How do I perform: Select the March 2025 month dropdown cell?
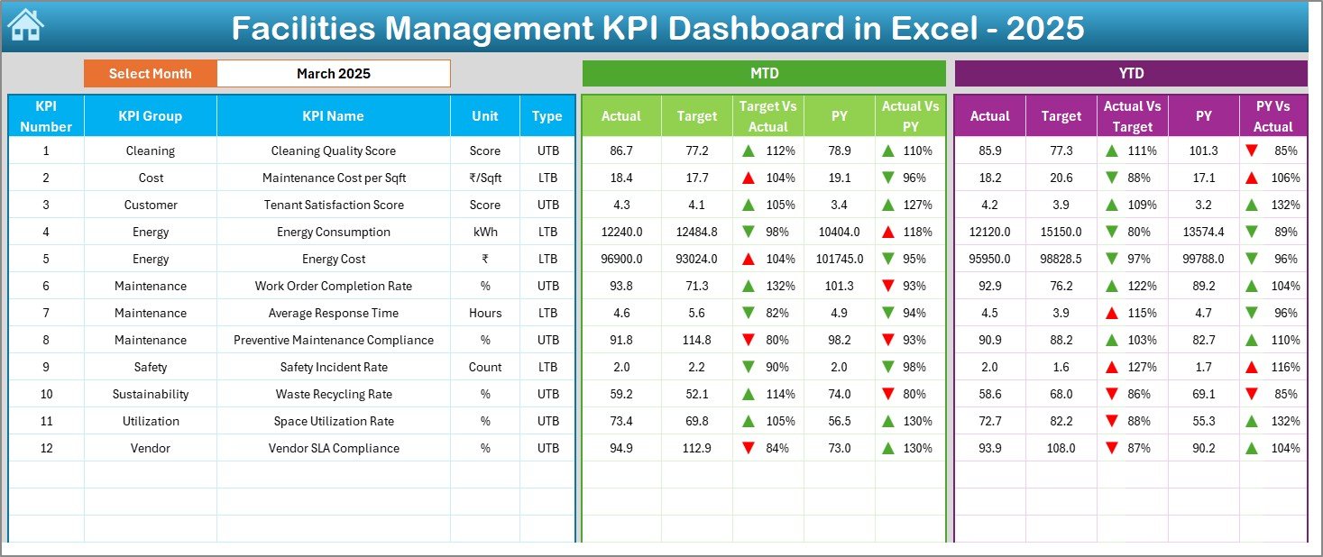click(333, 74)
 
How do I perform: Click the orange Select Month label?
click(150, 74)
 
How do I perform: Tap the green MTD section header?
click(764, 74)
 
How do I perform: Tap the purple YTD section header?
click(1130, 74)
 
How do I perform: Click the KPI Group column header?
click(150, 116)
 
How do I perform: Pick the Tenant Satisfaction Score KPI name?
click(333, 205)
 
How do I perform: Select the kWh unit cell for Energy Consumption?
click(485, 232)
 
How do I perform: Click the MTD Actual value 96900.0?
click(621, 259)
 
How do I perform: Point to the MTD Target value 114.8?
click(696, 340)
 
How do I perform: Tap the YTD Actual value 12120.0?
click(989, 232)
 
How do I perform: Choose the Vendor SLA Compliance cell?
click(333, 448)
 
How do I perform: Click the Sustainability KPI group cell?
click(150, 394)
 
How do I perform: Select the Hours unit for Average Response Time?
click(485, 313)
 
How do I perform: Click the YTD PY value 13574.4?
click(1203, 232)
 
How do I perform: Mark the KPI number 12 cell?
click(46, 448)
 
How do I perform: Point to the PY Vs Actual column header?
click(1272, 116)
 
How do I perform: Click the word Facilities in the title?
click(302, 29)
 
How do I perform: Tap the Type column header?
click(547, 116)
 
